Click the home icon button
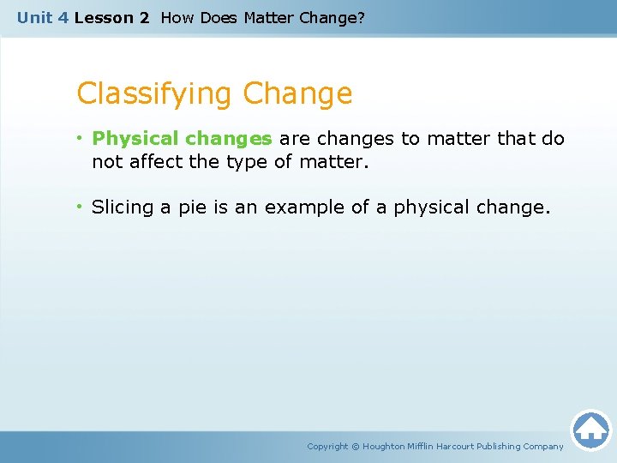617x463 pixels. point(590,429)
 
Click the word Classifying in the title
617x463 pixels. point(156,93)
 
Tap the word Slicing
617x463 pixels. point(123,207)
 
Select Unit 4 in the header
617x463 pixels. point(42,17)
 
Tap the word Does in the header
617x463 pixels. point(219,17)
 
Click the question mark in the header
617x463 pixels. point(360,17)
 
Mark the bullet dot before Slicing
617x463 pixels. point(81,207)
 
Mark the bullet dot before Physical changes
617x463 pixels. point(81,138)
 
